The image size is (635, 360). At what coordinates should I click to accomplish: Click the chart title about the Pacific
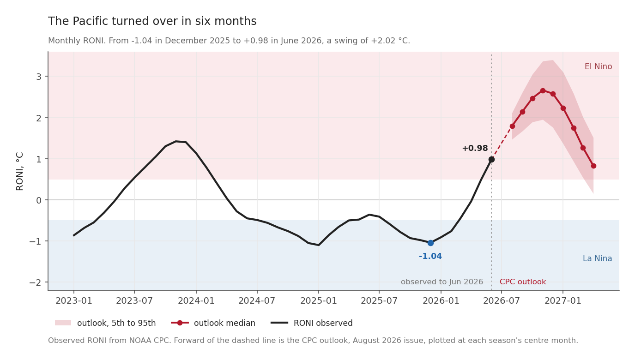(x=152, y=21)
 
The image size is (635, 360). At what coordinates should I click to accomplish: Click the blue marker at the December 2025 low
(x=430, y=243)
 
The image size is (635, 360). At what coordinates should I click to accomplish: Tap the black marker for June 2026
(x=491, y=160)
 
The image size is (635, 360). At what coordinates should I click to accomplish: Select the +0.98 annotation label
(x=475, y=148)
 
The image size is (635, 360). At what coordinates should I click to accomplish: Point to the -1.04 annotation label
(x=430, y=256)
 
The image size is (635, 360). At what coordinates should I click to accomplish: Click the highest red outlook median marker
(x=543, y=90)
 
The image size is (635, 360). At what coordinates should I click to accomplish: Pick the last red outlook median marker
(x=593, y=166)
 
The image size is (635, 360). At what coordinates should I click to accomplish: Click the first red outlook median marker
(x=512, y=126)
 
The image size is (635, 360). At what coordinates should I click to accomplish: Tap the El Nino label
(x=598, y=66)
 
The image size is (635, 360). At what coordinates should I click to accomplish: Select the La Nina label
(x=597, y=258)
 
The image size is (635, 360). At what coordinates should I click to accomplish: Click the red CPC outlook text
(x=523, y=282)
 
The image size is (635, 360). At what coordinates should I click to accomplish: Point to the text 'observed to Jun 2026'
(x=441, y=282)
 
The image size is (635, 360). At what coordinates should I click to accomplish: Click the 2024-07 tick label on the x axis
(x=257, y=301)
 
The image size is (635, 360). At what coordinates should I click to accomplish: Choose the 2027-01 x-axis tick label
(x=563, y=301)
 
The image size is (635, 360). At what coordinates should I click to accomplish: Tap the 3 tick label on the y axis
(x=39, y=77)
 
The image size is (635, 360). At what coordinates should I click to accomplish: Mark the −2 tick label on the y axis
(x=36, y=282)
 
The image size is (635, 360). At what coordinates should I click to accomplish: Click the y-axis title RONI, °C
(x=19, y=171)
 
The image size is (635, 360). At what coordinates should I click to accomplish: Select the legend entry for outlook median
(x=213, y=323)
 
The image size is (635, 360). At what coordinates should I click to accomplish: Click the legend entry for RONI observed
(x=312, y=323)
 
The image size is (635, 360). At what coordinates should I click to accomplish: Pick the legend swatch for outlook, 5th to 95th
(x=63, y=323)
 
